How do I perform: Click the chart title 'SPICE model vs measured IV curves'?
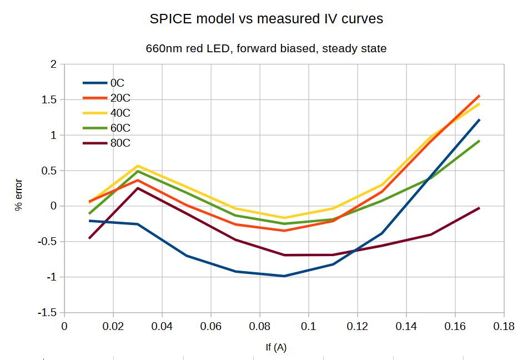[266, 19]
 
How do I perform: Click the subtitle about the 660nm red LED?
[266, 49]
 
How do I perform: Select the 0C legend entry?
[104, 83]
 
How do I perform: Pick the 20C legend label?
[120, 98]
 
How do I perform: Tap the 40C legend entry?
[107, 113]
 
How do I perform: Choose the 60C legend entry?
[107, 128]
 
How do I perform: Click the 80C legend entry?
[107, 143]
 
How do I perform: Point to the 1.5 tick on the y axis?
[49, 100]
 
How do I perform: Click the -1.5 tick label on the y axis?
[47, 313]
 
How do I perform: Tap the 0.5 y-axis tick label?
[49, 171]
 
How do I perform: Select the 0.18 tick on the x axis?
[504, 326]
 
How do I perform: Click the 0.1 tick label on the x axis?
[309, 326]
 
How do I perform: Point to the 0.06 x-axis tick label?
[211, 326]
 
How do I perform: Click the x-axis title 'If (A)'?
[276, 347]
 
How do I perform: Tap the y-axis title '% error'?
[19, 195]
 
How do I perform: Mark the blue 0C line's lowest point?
[284, 276]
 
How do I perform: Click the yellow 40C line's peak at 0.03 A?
[138, 166]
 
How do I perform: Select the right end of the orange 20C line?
[479, 96]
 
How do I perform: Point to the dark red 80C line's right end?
[479, 208]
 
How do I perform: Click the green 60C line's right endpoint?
[479, 141]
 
